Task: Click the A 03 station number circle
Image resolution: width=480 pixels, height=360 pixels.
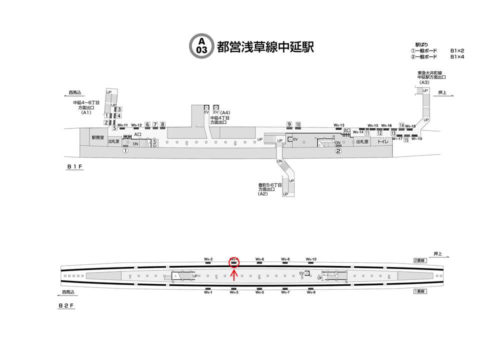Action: (201, 45)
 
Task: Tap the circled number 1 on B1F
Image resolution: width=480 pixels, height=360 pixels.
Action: (126, 150)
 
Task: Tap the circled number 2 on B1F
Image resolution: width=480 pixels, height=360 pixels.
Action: (338, 151)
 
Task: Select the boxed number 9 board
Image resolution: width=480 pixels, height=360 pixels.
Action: (289, 124)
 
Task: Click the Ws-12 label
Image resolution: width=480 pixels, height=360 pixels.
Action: (136, 125)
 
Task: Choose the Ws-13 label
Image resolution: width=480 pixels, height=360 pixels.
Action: (339, 125)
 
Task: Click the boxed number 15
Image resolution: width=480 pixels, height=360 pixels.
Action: (406, 140)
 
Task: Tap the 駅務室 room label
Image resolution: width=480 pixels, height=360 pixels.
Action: (96, 137)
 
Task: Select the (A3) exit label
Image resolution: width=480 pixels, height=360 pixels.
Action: (424, 82)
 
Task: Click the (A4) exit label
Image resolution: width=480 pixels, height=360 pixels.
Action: (225, 112)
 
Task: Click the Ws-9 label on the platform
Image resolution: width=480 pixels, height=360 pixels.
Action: (310, 292)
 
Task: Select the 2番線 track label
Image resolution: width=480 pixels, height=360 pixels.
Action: (419, 260)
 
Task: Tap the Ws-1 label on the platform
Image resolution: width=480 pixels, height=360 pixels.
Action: (208, 292)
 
